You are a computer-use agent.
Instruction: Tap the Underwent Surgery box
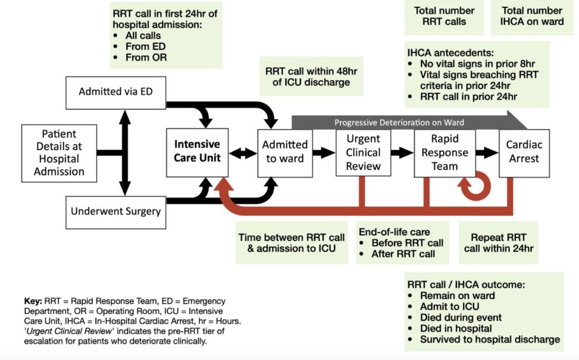(x=115, y=211)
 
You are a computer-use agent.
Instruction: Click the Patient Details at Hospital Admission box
(x=59, y=152)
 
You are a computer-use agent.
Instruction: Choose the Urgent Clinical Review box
(x=363, y=152)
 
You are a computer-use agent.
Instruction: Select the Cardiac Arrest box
(x=524, y=152)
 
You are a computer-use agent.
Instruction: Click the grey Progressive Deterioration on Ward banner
(x=400, y=122)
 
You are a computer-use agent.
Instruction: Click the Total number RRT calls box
(x=444, y=16)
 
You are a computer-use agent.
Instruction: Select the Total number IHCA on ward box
(x=532, y=16)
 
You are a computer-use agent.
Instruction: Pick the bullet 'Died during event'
(x=460, y=318)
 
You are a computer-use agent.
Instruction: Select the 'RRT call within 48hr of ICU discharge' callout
(x=307, y=76)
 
